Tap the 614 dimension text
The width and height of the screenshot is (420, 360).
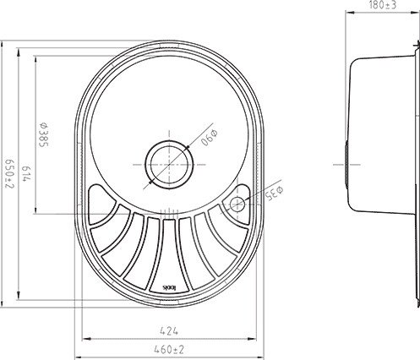click(27, 175)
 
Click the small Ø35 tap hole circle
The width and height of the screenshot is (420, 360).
click(237, 202)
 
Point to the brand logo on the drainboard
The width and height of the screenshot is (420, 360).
click(169, 288)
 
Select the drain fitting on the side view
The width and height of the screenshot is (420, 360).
click(347, 161)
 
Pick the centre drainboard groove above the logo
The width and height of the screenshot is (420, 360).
click(169, 245)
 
